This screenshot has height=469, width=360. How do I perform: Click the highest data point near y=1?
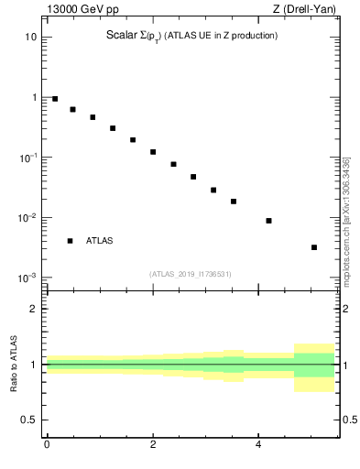[55, 99]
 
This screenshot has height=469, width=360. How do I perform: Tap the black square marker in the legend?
[70, 241]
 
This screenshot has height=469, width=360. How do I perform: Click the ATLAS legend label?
[100, 241]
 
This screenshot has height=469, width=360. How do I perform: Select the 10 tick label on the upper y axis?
[29, 38]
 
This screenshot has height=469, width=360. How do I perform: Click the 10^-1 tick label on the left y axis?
[27, 158]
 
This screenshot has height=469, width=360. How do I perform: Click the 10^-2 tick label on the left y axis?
[27, 218]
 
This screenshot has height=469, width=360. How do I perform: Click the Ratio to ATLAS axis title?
[14, 364]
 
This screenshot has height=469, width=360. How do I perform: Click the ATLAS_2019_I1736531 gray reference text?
[190, 274]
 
